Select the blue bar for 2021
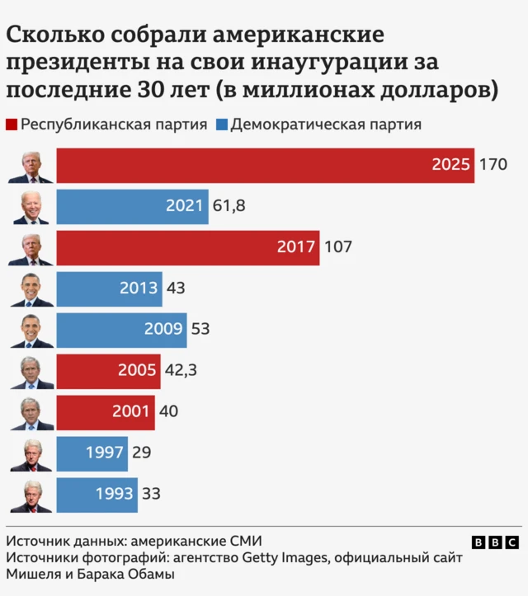click(132, 206)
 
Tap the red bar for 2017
click(188, 247)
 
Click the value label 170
click(493, 165)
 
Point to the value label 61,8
click(229, 206)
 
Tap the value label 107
click(337, 247)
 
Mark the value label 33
click(151, 495)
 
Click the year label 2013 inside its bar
click(139, 289)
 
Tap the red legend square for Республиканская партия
click(12, 124)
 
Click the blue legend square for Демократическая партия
click(221, 124)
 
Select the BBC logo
click(495, 542)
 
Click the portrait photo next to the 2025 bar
click(31, 166)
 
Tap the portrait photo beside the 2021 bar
click(31, 207)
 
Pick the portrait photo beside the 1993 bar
click(31, 495)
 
